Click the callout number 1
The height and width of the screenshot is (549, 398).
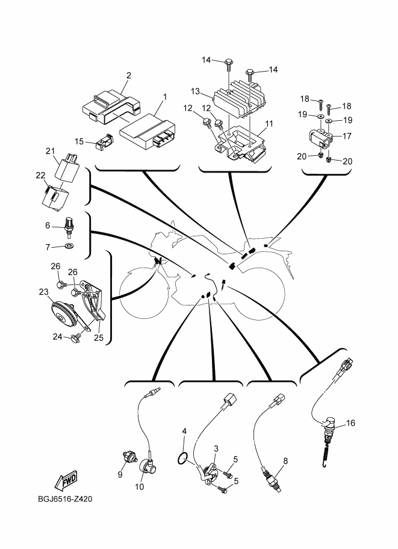(165, 96)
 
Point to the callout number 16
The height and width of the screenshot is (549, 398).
(350, 423)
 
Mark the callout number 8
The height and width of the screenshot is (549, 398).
(285, 461)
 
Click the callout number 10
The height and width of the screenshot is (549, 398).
(140, 487)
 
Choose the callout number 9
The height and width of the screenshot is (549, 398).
(119, 474)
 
